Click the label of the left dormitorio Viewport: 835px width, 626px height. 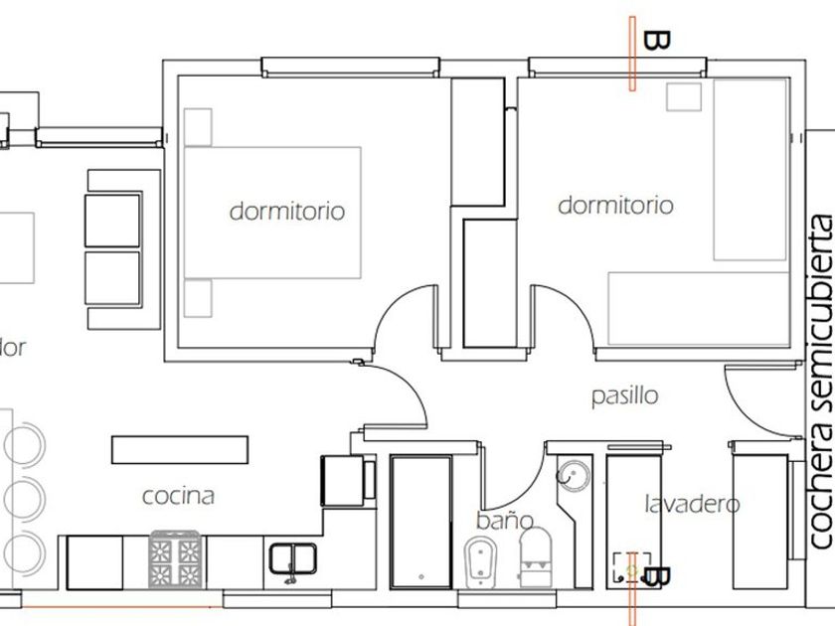pos(287,211)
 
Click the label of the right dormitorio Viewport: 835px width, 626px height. pos(615,206)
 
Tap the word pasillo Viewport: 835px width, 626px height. pos(625,395)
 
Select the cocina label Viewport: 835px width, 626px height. pos(178,495)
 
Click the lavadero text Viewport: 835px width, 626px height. pos(692,504)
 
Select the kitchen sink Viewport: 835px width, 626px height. pos(292,559)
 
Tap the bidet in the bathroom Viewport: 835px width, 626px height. pos(482,561)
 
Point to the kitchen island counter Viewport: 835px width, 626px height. pos(179,449)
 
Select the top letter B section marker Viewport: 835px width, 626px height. pos(656,40)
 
